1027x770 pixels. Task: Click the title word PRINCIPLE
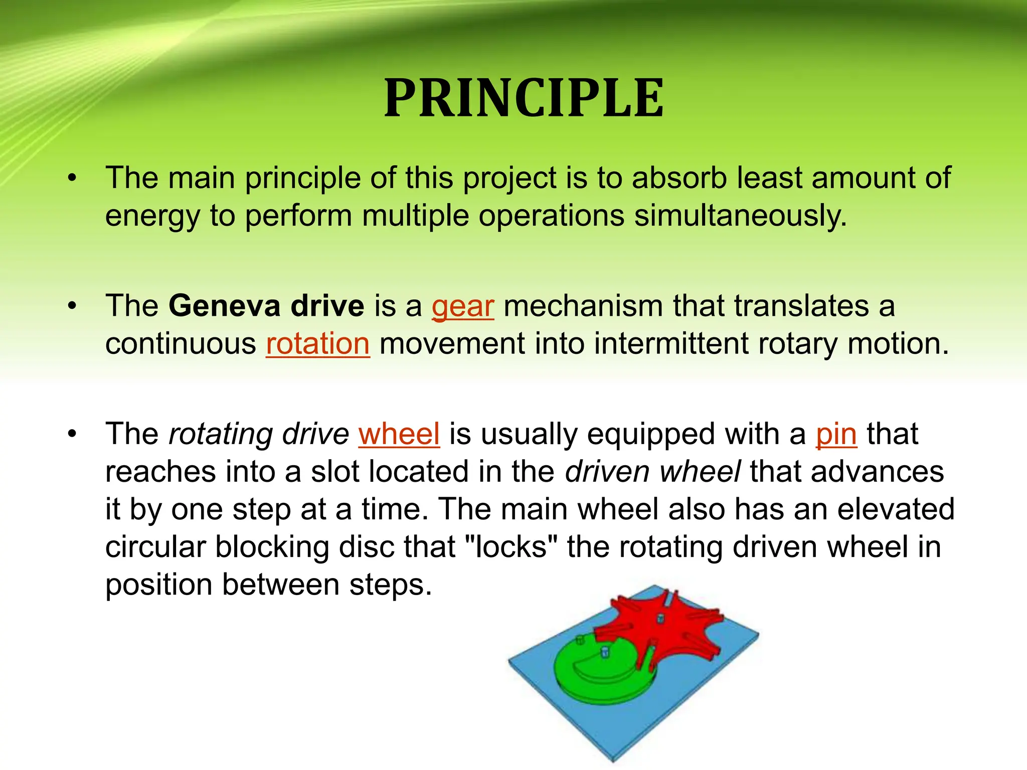pos(524,99)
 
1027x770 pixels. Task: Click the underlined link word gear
pos(462,307)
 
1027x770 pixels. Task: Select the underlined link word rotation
pos(318,344)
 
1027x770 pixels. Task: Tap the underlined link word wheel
pos(399,434)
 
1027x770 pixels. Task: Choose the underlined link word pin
pos(836,434)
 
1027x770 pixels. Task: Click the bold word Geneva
pos(224,306)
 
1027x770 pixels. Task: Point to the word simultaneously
pos(740,216)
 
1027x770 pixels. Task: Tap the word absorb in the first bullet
pos(679,178)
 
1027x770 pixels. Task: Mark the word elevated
pos(896,509)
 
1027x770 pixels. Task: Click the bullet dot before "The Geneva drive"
pos(73,306)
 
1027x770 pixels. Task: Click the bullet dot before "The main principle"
pos(73,178)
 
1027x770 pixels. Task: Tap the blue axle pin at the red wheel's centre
pos(660,619)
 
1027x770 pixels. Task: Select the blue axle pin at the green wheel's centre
pos(605,652)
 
